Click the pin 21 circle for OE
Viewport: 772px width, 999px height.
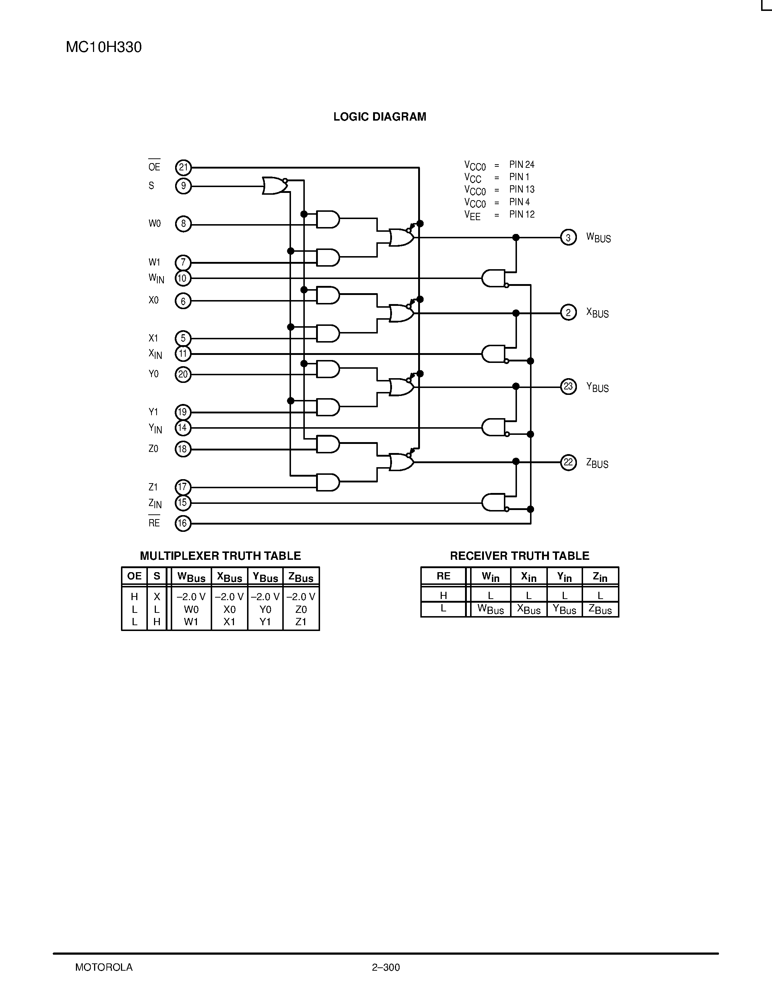click(x=183, y=167)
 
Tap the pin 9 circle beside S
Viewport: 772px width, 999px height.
click(x=183, y=186)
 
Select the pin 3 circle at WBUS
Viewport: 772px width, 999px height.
click(x=568, y=238)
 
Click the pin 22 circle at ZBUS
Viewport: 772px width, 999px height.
click(x=568, y=462)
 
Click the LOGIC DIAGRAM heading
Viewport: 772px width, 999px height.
click(x=380, y=117)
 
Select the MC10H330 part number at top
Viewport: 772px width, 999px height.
click(x=104, y=47)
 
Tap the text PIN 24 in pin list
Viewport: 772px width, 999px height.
click(x=521, y=164)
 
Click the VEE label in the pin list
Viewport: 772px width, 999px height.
click(x=472, y=215)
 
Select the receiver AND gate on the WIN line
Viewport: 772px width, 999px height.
click(x=493, y=278)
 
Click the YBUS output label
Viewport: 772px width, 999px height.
click(x=597, y=388)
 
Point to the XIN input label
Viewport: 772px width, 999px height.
click(x=155, y=353)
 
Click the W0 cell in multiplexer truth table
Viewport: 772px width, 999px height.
click(x=191, y=609)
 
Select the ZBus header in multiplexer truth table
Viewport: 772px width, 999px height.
click(x=301, y=577)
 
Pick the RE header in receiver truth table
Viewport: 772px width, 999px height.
click(x=443, y=576)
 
